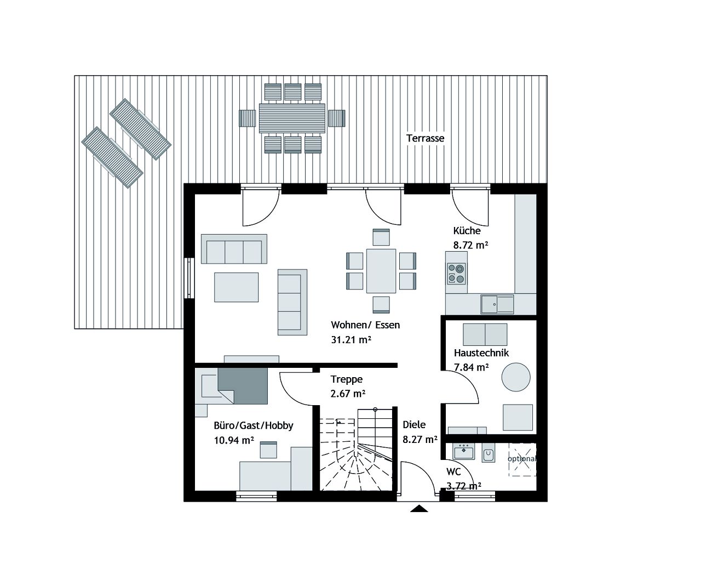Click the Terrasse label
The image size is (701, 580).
[x=425, y=138]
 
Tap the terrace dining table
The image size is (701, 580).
[x=292, y=118]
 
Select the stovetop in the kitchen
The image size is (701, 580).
[x=456, y=274]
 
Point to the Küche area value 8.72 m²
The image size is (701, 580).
[x=470, y=245]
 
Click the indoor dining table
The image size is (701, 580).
[x=381, y=271]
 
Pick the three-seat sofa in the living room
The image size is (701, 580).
[x=234, y=249]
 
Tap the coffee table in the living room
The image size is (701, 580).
[x=236, y=287]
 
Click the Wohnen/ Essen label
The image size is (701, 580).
[x=365, y=325]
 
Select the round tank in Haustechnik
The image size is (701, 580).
[x=516, y=377]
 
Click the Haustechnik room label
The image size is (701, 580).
[x=481, y=352]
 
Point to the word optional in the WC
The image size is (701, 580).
[x=522, y=458]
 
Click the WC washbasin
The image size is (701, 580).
[x=463, y=453]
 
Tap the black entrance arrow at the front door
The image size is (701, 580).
[x=419, y=509]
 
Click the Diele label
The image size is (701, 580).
[x=414, y=424]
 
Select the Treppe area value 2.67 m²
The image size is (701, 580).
[x=348, y=393]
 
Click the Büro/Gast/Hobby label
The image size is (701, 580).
[x=253, y=425]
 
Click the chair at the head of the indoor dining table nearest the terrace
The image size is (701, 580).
[x=381, y=237]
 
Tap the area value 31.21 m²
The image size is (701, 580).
[x=351, y=339]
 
